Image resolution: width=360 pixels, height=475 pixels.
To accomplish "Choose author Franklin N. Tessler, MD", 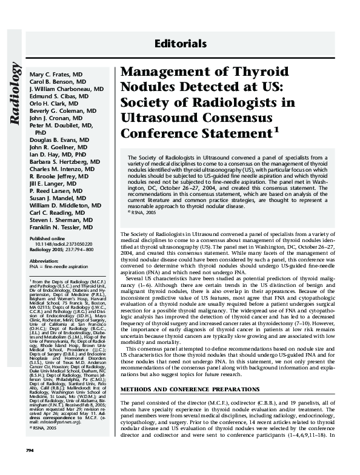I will tap(61, 227).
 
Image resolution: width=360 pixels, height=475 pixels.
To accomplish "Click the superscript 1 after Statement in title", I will tap(276, 129).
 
